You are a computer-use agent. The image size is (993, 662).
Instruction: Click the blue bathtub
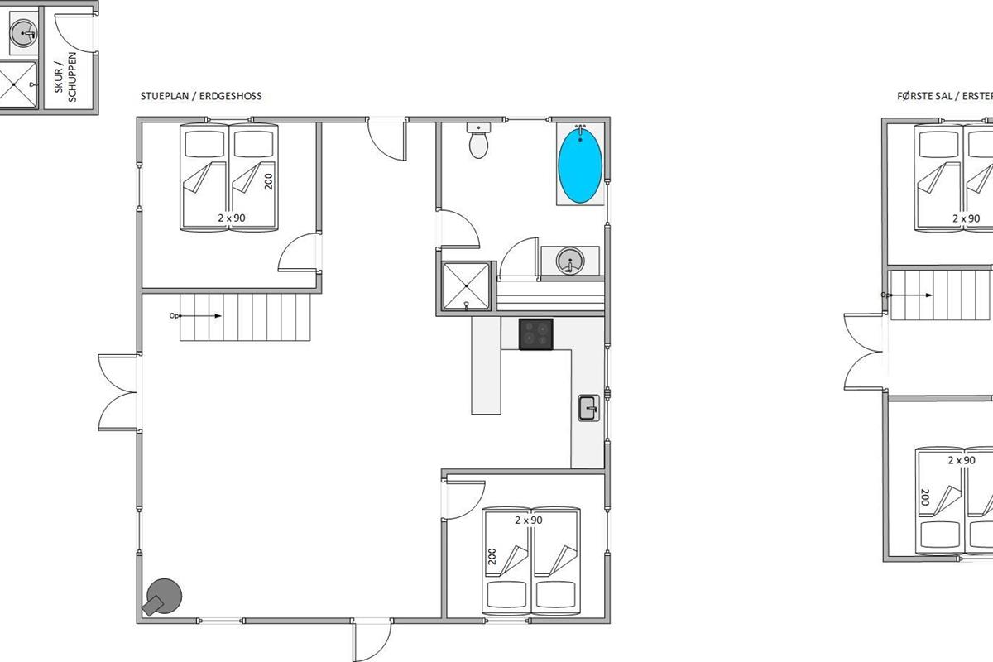pyautogui.click(x=580, y=165)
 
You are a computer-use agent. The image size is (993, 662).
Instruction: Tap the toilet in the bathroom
pyautogui.click(x=479, y=141)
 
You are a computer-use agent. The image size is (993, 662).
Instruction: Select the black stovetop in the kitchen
pyautogui.click(x=536, y=334)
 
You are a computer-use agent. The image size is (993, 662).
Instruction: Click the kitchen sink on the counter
pyautogui.click(x=588, y=408)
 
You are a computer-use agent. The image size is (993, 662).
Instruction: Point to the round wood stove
pyautogui.click(x=162, y=597)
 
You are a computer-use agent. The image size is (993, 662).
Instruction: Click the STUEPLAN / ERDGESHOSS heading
pyautogui.click(x=201, y=96)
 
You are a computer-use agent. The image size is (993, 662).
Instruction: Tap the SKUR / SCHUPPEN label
pyautogui.click(x=65, y=77)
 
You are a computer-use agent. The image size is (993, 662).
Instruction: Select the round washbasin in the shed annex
pyautogui.click(x=23, y=33)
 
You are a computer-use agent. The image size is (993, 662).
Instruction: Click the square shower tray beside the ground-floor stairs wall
pyautogui.click(x=467, y=286)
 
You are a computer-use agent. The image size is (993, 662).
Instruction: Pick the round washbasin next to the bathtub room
pyautogui.click(x=570, y=261)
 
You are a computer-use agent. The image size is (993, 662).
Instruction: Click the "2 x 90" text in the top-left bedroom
pyautogui.click(x=232, y=218)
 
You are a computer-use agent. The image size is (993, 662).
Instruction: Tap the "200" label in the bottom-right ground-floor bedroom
pyautogui.click(x=492, y=556)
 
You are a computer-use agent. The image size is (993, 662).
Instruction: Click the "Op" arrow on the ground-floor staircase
pyautogui.click(x=195, y=316)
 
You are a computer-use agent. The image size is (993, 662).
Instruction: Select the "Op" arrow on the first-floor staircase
pyautogui.click(x=907, y=295)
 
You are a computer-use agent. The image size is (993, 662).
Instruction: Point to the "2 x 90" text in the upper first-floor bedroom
pyautogui.click(x=967, y=218)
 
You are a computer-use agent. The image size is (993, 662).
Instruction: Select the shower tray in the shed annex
pyautogui.click(x=17, y=84)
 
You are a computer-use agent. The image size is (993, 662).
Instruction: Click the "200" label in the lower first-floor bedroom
pyautogui.click(x=925, y=497)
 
